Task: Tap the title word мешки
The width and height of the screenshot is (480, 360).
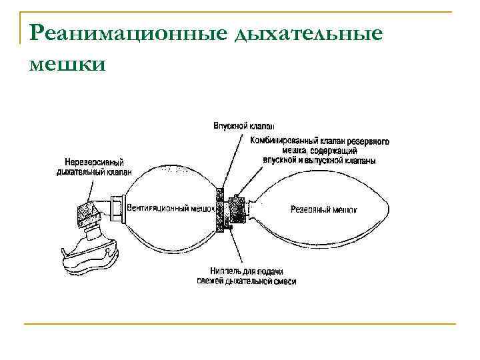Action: click(67, 64)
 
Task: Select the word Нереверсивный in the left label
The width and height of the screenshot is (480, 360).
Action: click(94, 162)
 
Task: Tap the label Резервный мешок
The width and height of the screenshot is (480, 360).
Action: click(324, 209)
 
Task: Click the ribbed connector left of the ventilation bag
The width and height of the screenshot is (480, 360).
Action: click(118, 207)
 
